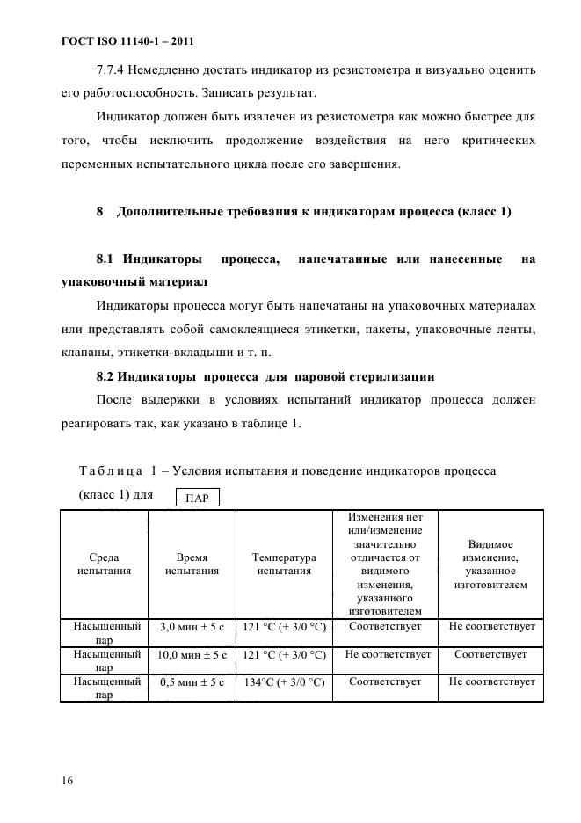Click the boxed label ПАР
[x=198, y=498]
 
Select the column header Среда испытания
[x=105, y=564]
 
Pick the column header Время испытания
[x=192, y=564]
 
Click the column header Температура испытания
[x=283, y=564]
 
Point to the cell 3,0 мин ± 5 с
[x=192, y=629]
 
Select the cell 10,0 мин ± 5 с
[x=192, y=656]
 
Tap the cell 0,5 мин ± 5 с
[x=192, y=682]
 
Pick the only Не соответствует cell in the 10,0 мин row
[x=387, y=655]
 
